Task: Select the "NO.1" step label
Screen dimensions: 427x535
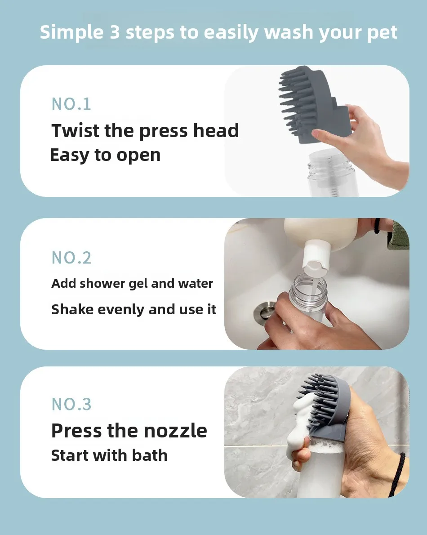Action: [71, 104]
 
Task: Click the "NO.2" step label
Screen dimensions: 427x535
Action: [71, 258]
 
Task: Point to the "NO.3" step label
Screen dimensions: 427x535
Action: [71, 404]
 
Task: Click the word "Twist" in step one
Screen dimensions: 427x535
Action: [76, 131]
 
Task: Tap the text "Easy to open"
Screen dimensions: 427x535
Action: [105, 155]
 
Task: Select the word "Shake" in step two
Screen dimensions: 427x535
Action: [72, 309]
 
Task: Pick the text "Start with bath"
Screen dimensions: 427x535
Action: [109, 455]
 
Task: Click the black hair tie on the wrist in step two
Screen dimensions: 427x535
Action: [377, 226]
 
